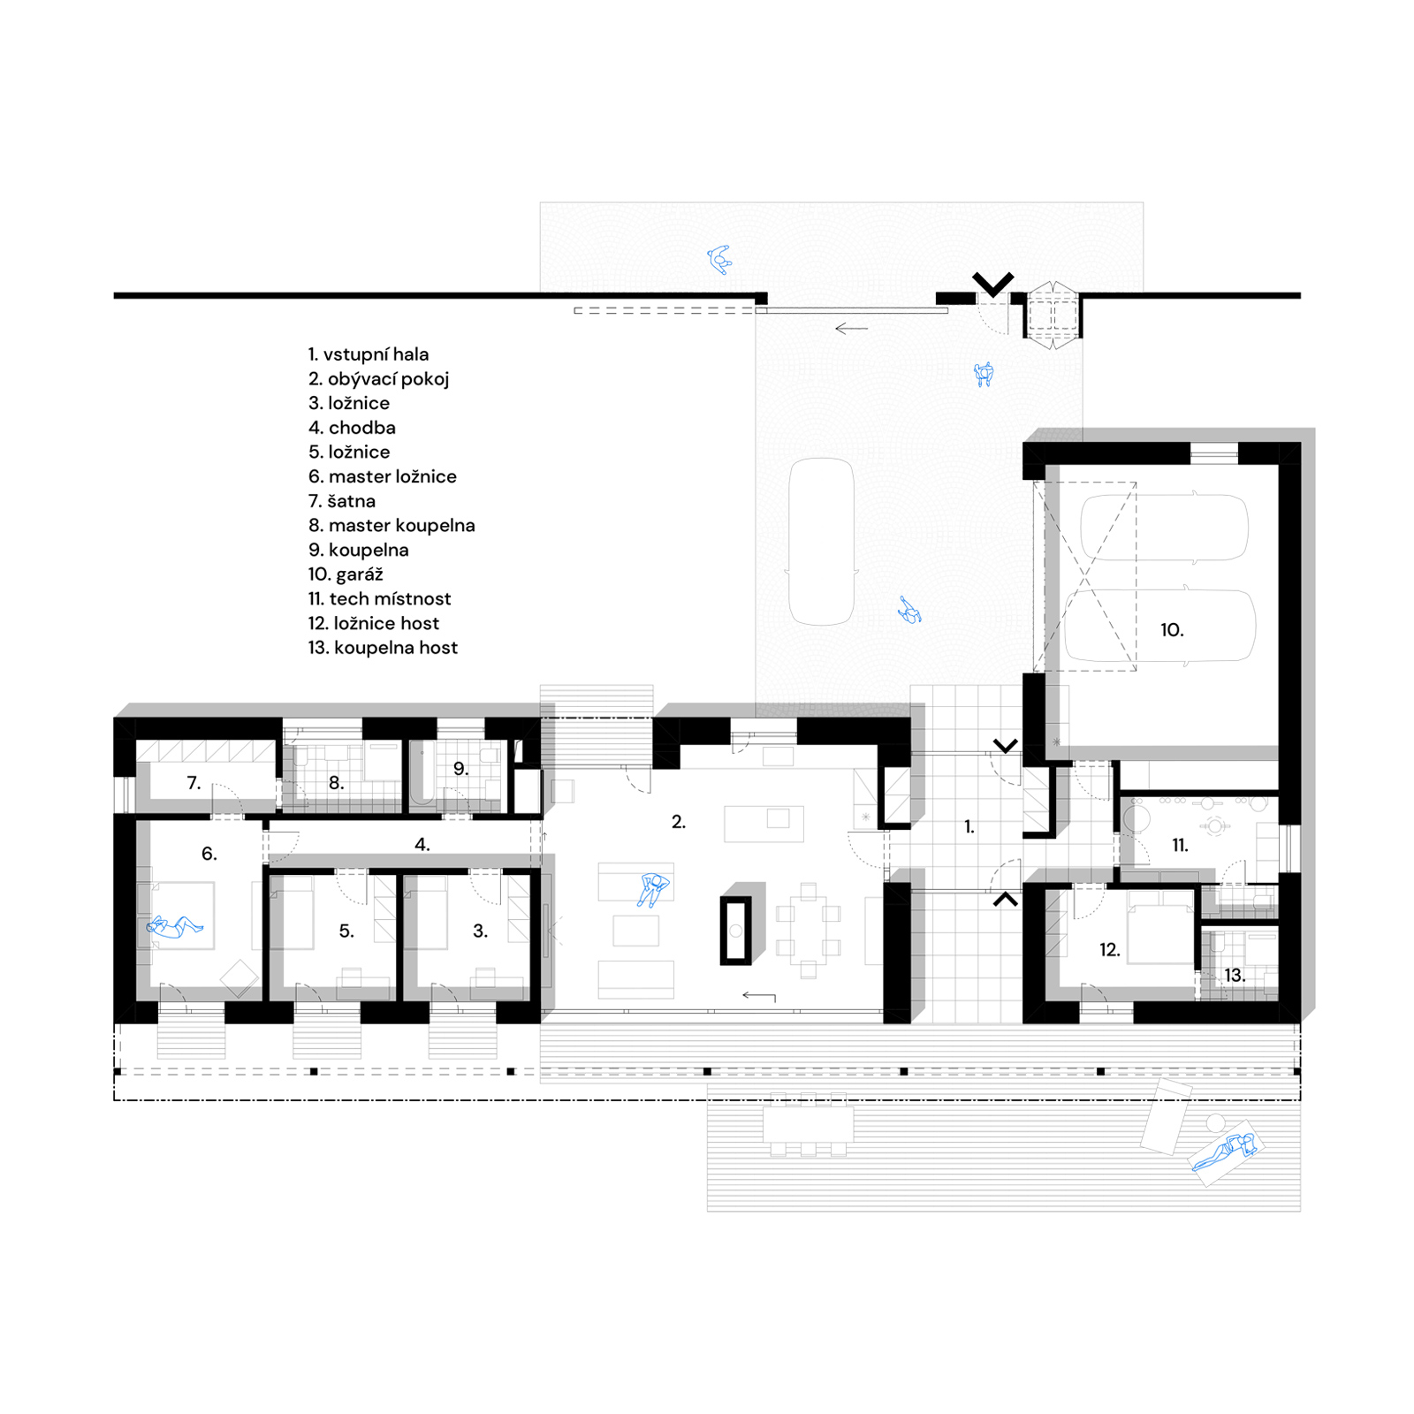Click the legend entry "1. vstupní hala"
point(369,354)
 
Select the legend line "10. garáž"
point(346,574)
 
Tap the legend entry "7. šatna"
point(341,501)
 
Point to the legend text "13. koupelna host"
point(383,648)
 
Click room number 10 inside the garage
point(1172,630)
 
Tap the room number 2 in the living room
point(678,822)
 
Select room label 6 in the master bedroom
point(209,854)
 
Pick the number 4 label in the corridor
point(422,845)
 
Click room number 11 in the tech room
point(1180,846)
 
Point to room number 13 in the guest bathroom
point(1235,976)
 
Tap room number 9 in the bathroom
point(460,769)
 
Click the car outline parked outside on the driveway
point(822,542)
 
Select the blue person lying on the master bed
point(174,927)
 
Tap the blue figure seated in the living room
point(653,889)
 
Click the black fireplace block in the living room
point(735,930)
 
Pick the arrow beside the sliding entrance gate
point(852,329)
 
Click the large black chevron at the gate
point(993,284)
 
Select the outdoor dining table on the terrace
point(809,1124)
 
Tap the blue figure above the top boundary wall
point(720,259)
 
